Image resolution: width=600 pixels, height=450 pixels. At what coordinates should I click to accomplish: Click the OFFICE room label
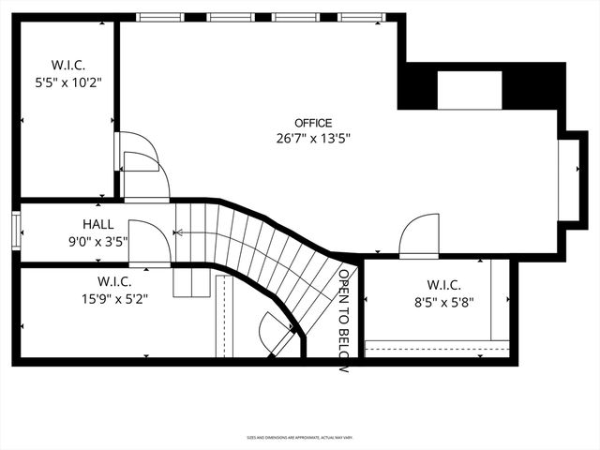coord(313,123)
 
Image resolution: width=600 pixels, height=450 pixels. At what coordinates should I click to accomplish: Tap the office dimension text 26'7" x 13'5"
coord(313,139)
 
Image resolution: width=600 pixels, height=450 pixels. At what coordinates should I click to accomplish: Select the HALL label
coord(97,225)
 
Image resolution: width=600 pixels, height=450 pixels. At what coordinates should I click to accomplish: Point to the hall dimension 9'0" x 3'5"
coord(97,241)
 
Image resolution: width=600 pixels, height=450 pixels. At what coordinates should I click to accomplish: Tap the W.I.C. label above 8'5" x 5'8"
coord(443,285)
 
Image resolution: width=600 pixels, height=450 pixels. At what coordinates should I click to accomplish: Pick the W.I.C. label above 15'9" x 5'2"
coord(114,281)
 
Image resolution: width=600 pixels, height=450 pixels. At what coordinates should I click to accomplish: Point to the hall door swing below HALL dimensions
coord(149,243)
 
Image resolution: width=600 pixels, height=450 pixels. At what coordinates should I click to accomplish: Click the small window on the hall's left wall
coord(16,230)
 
